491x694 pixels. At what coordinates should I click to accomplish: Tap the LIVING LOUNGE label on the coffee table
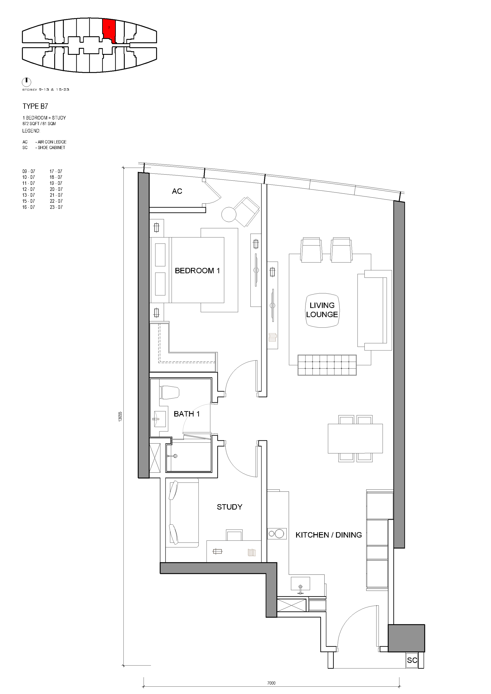pyautogui.click(x=322, y=310)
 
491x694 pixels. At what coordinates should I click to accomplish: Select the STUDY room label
pyautogui.click(x=230, y=507)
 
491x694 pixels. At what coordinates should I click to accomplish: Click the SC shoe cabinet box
pyautogui.click(x=412, y=660)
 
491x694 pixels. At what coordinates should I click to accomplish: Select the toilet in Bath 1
pyautogui.click(x=170, y=392)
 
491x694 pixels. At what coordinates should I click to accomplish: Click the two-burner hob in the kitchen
pyautogui.click(x=277, y=534)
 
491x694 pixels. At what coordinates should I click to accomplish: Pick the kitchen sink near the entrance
pyautogui.click(x=300, y=583)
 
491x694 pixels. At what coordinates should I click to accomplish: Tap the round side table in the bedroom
pyautogui.click(x=229, y=214)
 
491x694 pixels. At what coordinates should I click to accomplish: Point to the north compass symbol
pyautogui.click(x=27, y=82)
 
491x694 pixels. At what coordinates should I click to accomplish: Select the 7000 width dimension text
pyautogui.click(x=271, y=683)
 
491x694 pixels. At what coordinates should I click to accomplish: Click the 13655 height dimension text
pyautogui.click(x=120, y=417)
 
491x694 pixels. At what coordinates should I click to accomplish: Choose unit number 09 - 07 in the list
pyautogui.click(x=29, y=171)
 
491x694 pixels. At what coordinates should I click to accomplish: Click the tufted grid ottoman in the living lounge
pyautogui.click(x=327, y=365)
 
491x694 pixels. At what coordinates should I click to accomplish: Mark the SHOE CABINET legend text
pyautogui.click(x=52, y=148)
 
